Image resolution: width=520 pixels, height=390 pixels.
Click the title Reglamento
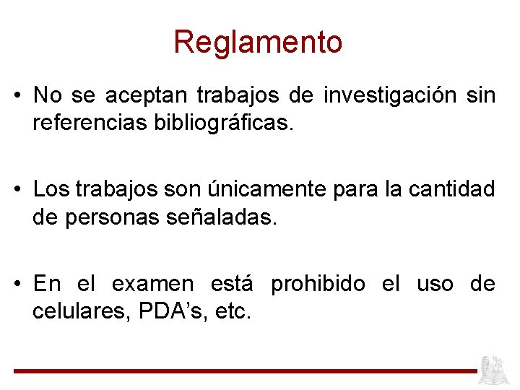tap(258, 42)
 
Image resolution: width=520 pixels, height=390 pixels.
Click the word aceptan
tap(146, 95)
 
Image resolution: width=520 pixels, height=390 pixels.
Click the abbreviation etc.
tap(235, 312)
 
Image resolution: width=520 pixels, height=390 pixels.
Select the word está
tap(232, 285)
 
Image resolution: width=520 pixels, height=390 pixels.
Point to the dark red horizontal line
tap(246, 371)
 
